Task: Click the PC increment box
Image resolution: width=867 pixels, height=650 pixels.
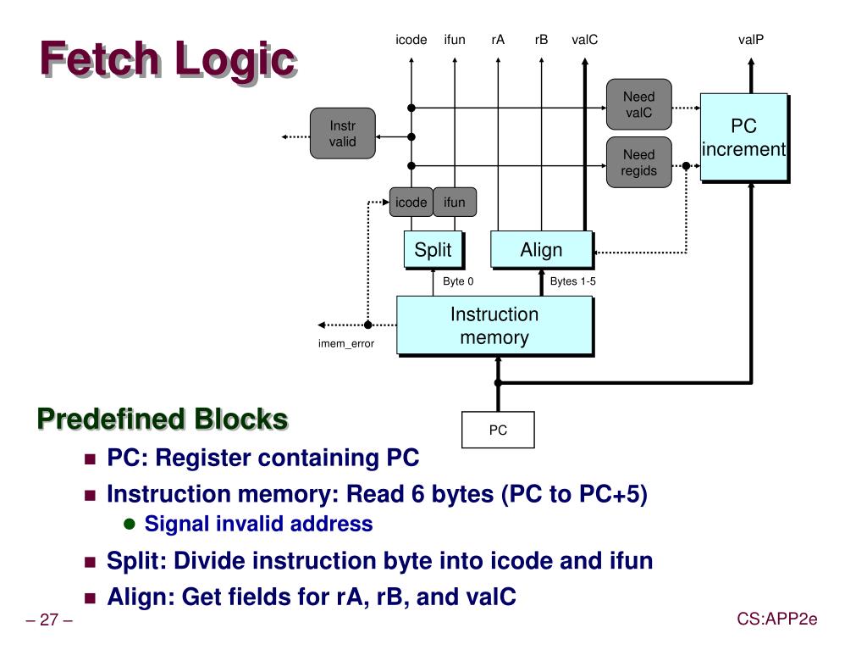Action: coord(743,137)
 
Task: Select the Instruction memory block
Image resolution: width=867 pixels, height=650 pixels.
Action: coord(494,325)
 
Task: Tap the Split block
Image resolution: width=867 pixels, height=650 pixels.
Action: coord(433,250)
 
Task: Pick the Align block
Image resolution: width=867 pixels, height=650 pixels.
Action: coord(541,250)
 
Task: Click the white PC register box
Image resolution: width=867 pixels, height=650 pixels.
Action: coord(498,431)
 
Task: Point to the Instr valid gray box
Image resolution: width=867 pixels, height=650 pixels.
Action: coord(342,134)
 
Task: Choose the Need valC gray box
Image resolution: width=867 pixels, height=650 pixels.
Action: coord(638,105)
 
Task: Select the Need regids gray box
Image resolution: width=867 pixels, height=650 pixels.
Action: coord(638,162)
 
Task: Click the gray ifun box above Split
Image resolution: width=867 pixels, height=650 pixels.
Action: coord(455,202)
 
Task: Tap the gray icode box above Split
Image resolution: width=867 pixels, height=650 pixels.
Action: coord(411,202)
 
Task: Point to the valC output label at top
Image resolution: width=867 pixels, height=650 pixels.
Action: coord(584,40)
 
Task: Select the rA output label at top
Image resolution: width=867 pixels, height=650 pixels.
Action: coord(498,40)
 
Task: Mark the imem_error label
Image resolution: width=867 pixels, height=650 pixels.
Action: coord(345,343)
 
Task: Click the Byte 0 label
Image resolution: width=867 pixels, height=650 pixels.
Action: coord(458,281)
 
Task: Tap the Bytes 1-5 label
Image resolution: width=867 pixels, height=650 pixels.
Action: coord(572,281)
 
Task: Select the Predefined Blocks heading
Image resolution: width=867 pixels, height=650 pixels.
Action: coord(162,419)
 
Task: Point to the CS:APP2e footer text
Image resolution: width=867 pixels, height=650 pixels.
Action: coord(776,619)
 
